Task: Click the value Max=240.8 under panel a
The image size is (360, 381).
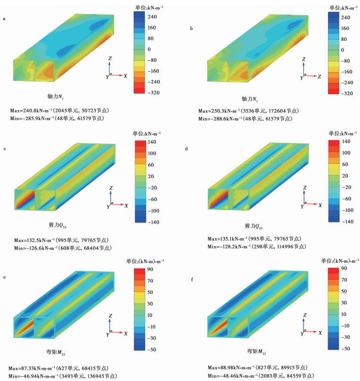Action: tap(25, 110)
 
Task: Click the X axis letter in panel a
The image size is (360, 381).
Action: tap(125, 75)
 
